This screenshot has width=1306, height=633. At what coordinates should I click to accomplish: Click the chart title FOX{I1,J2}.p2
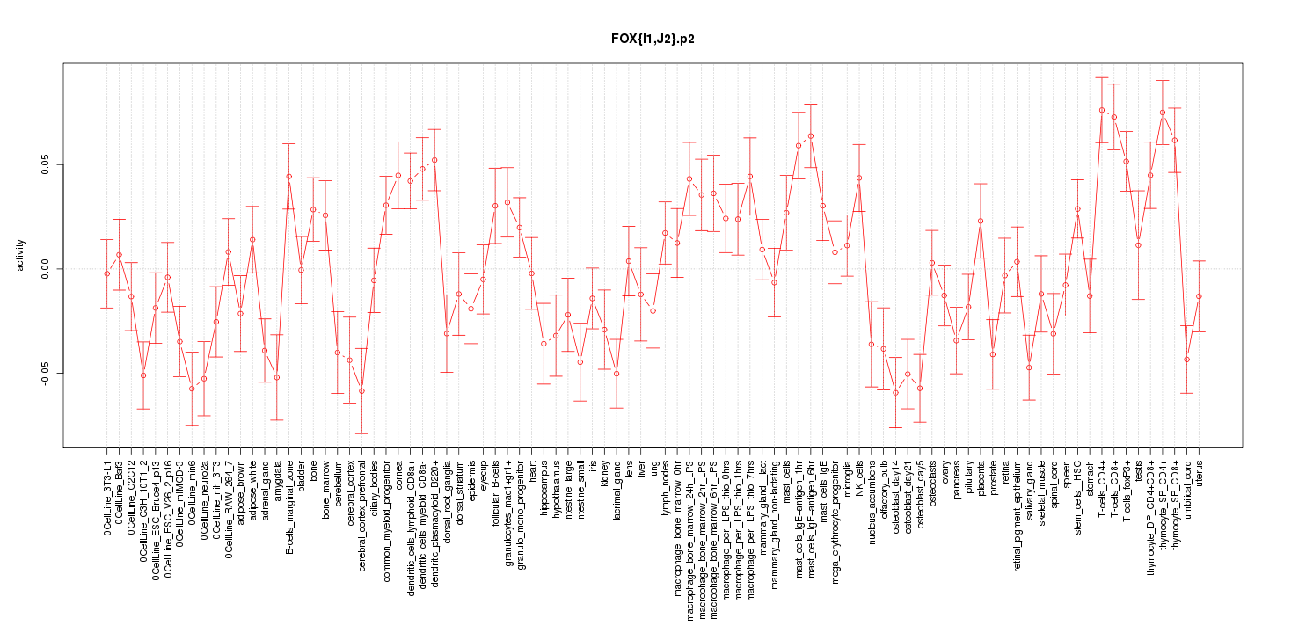pyautogui.click(x=653, y=39)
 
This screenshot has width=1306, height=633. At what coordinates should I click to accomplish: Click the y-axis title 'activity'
pyautogui.click(x=21, y=255)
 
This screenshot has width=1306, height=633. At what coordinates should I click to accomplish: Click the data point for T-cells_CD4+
pyautogui.click(x=1101, y=110)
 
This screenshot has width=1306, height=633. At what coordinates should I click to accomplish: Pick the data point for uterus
pyautogui.click(x=1199, y=296)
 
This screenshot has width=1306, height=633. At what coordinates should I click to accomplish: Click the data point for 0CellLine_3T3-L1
pyautogui.click(x=106, y=273)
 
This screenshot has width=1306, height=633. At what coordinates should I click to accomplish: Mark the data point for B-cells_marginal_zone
pyautogui.click(x=288, y=176)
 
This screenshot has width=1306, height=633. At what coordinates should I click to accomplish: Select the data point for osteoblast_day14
pyautogui.click(x=895, y=392)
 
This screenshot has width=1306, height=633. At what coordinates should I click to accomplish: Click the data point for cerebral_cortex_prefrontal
pyautogui.click(x=361, y=391)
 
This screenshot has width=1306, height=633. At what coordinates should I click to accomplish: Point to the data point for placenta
pyautogui.click(x=981, y=221)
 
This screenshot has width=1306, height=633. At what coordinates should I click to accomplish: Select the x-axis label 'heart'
pyautogui.click(x=532, y=470)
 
